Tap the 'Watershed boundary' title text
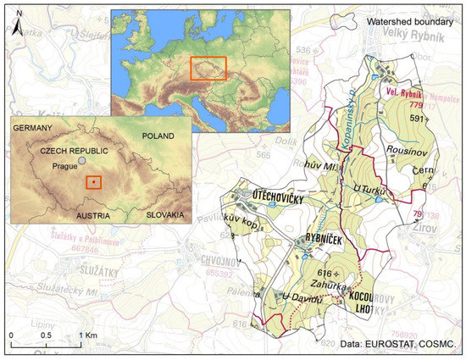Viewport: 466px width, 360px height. (x=407, y=20)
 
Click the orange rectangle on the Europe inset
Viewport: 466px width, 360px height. (x=208, y=68)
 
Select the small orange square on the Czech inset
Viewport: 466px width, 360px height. (x=94, y=181)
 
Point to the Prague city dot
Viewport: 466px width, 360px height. (x=81, y=160)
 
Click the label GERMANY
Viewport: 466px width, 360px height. (x=33, y=127)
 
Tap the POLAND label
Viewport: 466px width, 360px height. (x=158, y=136)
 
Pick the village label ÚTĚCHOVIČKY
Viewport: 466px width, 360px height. (x=273, y=197)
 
